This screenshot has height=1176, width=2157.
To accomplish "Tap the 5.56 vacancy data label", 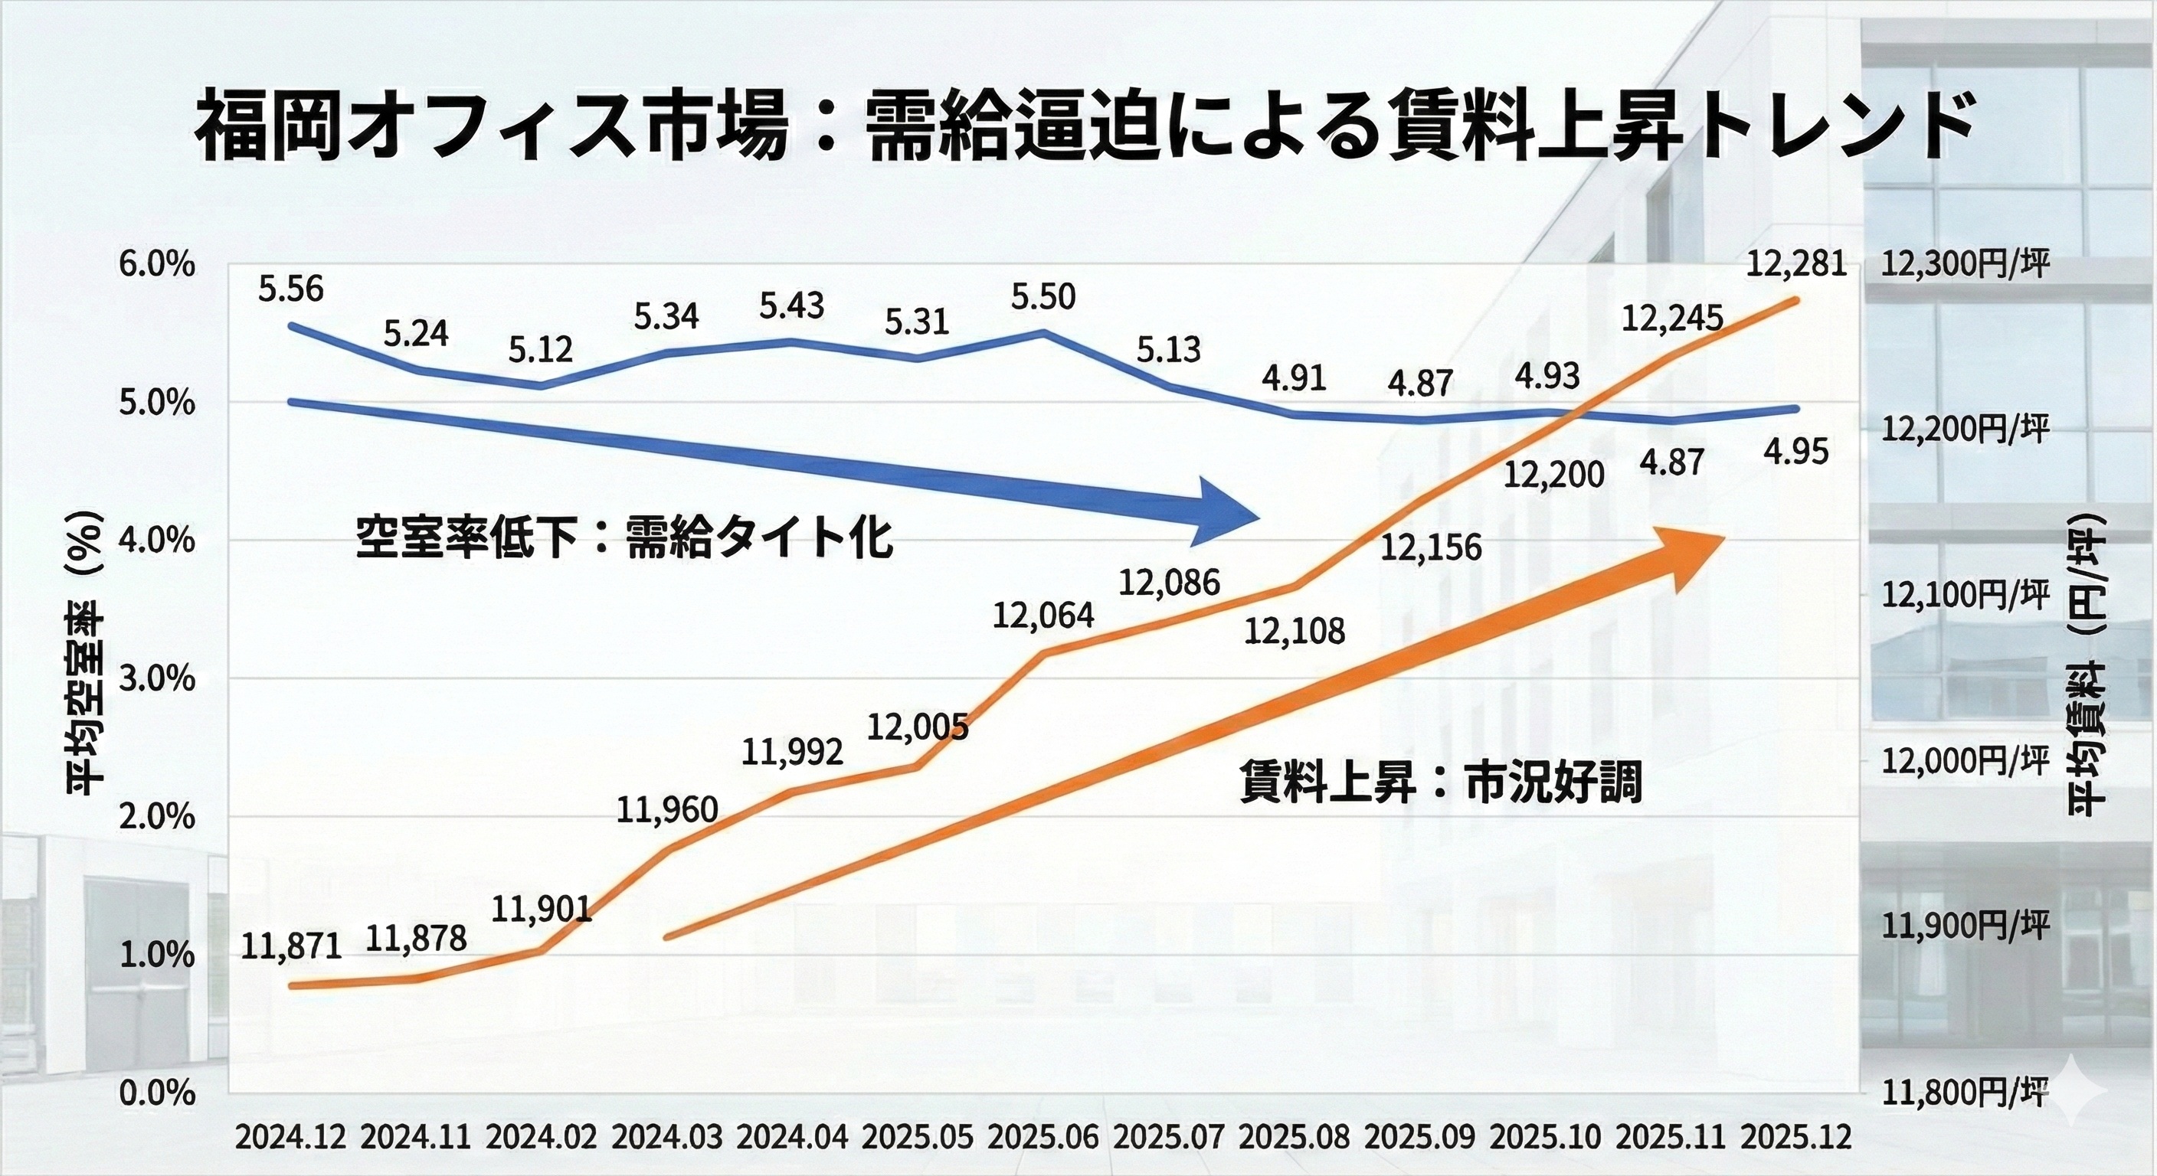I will pyautogui.click(x=290, y=289).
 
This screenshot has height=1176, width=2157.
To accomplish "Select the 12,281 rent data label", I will pyautogui.click(x=1796, y=264).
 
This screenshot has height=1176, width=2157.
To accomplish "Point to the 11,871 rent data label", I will pyautogui.click(x=291, y=946).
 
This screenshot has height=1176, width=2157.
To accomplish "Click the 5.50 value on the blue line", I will pyautogui.click(x=1043, y=297).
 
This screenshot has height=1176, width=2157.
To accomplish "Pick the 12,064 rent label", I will pyautogui.click(x=1043, y=616).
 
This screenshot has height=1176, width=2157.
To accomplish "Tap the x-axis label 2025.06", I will pyautogui.click(x=1043, y=1138).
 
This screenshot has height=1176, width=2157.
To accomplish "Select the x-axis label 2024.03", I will pyautogui.click(x=666, y=1138).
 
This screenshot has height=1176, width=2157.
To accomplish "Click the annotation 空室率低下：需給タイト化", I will pyautogui.click(x=624, y=538).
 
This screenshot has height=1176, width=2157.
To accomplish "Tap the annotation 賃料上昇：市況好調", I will pyautogui.click(x=1440, y=783).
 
